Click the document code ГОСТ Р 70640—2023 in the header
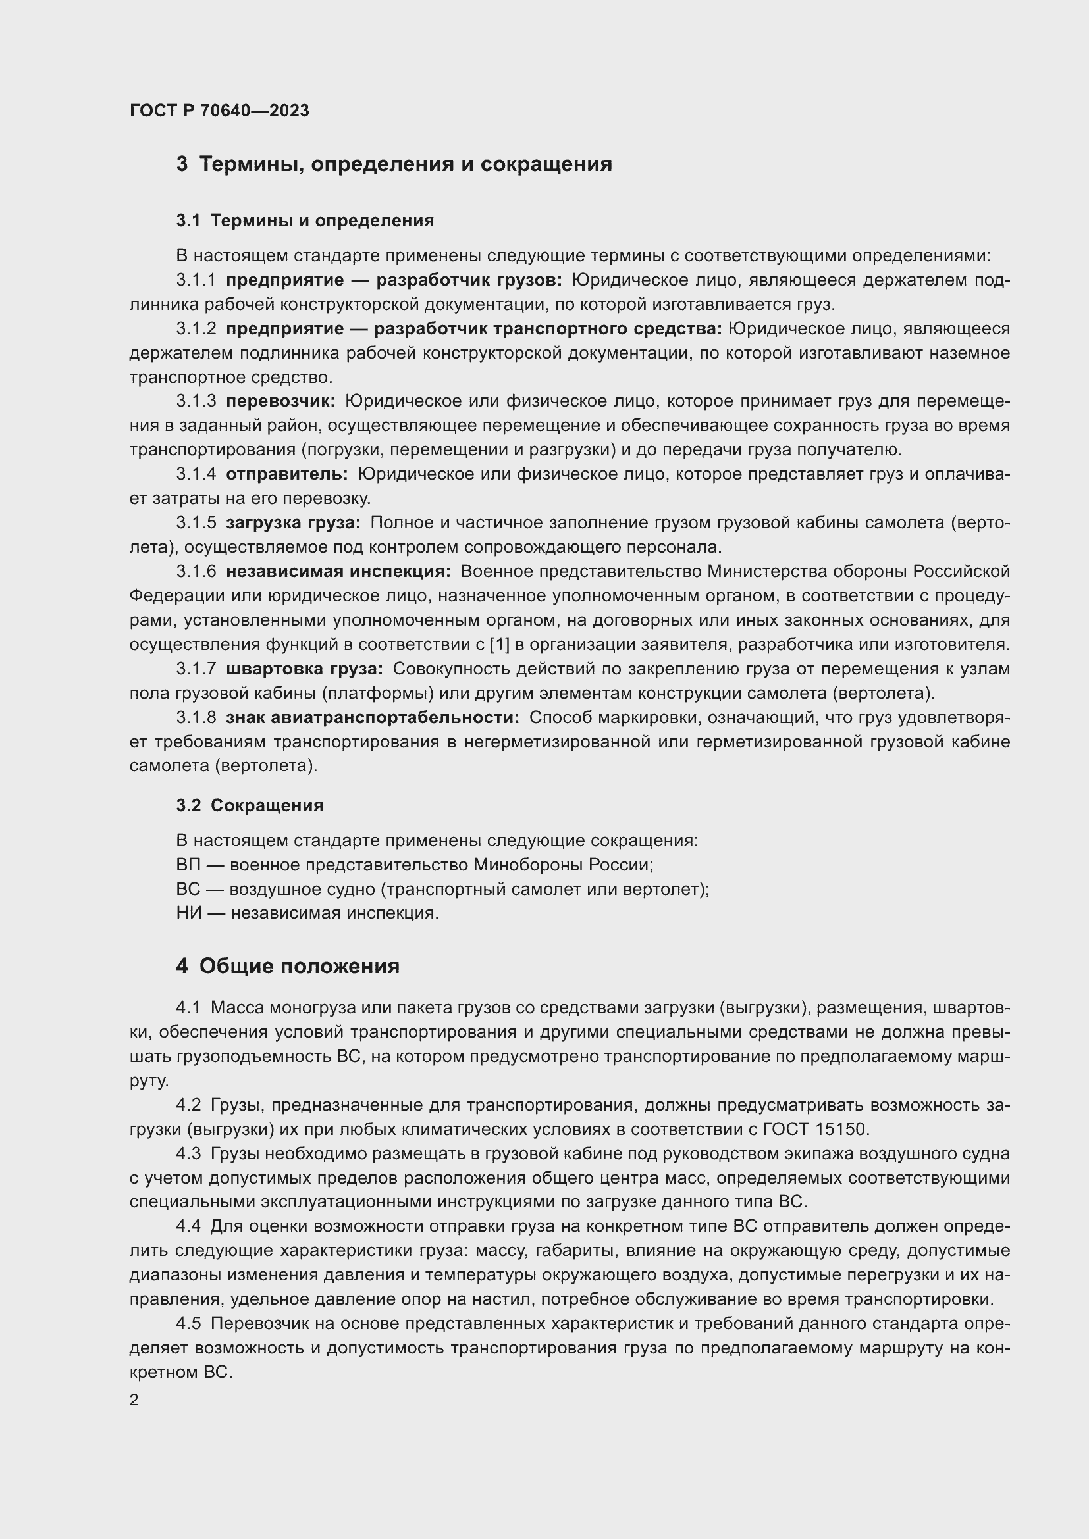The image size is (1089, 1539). pyautogui.click(x=219, y=111)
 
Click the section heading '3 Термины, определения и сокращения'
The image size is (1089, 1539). pyautogui.click(x=394, y=164)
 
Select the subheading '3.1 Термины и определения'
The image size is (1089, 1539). pyautogui.click(x=305, y=220)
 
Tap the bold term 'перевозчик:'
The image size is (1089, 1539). pyautogui.click(x=280, y=401)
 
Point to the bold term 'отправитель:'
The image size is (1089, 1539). pyautogui.click(x=287, y=474)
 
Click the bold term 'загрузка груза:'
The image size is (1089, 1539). pyautogui.click(x=293, y=522)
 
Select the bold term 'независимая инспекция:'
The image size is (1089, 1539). pyautogui.click(x=338, y=571)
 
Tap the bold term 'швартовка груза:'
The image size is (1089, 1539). pyautogui.click(x=304, y=669)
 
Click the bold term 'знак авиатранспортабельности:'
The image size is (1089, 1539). pyautogui.click(x=372, y=717)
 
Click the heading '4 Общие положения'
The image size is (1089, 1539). pyautogui.click(x=288, y=966)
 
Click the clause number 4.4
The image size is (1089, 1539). pyautogui.click(x=188, y=1226)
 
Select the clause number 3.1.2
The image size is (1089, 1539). pyautogui.click(x=196, y=328)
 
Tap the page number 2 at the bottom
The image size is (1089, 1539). pyautogui.click(x=134, y=1400)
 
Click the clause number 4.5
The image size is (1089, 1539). pyautogui.click(x=188, y=1324)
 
